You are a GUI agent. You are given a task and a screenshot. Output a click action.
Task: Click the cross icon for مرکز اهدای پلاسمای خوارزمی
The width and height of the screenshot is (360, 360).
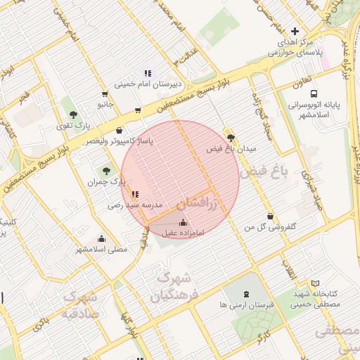point(295,31)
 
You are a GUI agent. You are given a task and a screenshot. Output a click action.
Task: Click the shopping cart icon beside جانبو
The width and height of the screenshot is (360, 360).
point(105,94)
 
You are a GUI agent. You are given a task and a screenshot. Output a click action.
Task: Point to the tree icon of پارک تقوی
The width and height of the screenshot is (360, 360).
point(73,114)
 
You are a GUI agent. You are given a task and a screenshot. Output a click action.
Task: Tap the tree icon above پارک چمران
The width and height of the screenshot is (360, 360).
point(107,170)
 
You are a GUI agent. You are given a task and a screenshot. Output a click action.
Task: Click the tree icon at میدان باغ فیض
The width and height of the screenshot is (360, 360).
point(231,138)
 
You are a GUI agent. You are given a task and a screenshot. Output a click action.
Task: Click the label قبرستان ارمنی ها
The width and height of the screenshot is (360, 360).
point(245,305)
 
